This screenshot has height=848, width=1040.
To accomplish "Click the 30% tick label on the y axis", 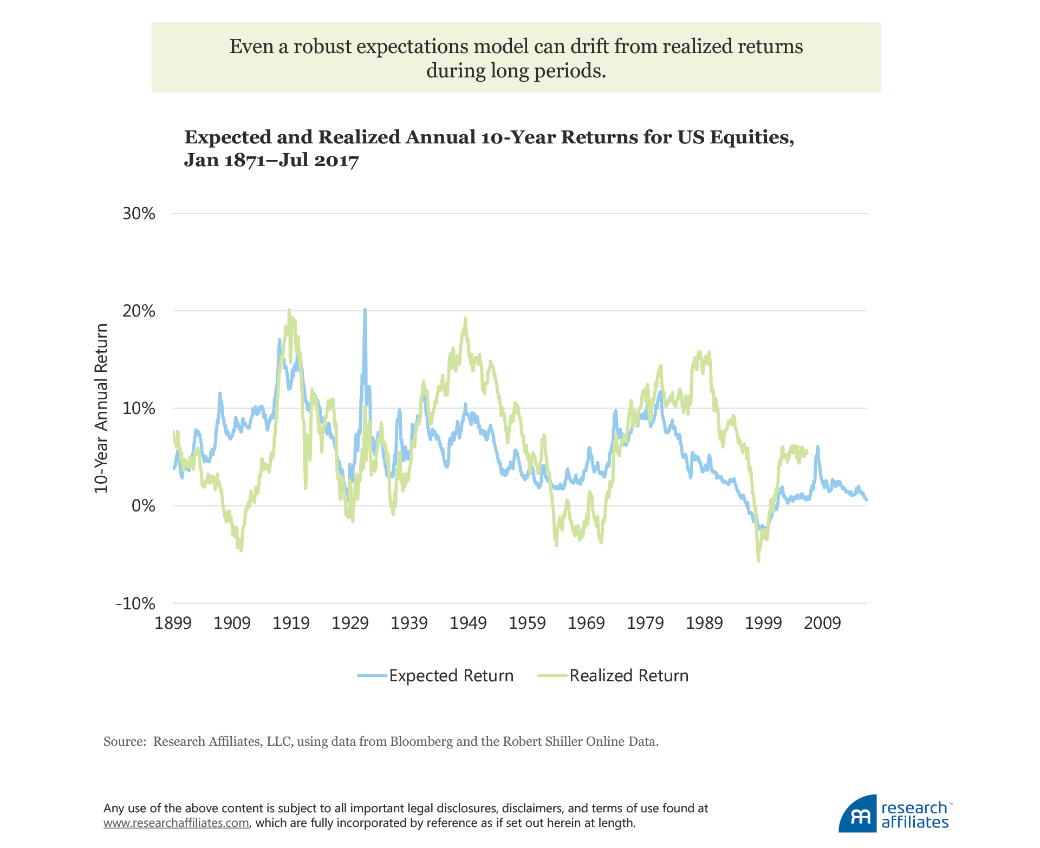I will point(139,214).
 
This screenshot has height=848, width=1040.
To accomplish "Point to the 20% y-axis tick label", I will point(139,311).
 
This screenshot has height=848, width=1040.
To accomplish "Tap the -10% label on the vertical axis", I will point(136,603).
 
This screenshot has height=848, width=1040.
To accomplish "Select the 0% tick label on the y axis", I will point(143,506).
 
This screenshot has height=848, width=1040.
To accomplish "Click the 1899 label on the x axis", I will point(173,623).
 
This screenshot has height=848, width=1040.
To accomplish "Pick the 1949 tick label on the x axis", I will point(469,623).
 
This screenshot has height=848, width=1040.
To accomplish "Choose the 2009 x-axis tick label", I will point(822,623).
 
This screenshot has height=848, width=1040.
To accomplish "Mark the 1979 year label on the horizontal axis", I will point(645,623).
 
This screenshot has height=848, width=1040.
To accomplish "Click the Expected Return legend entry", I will point(436,676).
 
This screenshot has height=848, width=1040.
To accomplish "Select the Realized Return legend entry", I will point(614,676).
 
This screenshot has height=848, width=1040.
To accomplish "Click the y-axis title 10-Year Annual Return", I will point(102,408).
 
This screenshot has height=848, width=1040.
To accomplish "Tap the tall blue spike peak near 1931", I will point(365,310).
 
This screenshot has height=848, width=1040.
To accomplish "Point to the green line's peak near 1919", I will point(289,310).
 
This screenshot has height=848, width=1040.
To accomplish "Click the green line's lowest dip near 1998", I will point(758,561).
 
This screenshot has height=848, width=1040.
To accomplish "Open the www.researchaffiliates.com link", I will point(176,823).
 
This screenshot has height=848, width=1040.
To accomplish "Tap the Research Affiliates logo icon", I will point(858,814).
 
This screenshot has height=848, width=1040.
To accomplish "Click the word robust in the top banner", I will point(322,47).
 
